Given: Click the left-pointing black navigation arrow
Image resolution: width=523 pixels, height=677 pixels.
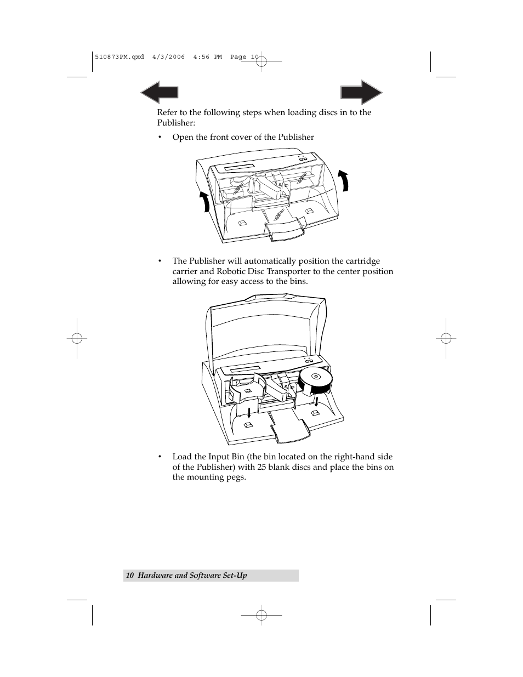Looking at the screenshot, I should tap(159, 93).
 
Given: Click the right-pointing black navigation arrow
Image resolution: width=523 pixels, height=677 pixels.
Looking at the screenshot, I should tap(361, 93).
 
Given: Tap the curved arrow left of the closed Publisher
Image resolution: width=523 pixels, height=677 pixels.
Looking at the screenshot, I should tap(204, 202).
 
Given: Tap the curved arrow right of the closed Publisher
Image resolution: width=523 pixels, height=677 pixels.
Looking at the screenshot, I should tap(344, 180).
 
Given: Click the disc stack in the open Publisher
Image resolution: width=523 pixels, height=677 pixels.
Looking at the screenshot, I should tap(315, 382).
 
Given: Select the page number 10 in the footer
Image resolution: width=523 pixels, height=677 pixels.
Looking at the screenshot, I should tap(130, 575).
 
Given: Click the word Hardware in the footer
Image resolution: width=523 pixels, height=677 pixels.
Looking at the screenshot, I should tap(155, 575).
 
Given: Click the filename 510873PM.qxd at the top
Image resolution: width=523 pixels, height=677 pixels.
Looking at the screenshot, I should tap(119, 56).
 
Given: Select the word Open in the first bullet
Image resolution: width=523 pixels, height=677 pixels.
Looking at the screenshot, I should tap(183, 137).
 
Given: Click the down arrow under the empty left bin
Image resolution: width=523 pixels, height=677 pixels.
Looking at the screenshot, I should tap(248, 412).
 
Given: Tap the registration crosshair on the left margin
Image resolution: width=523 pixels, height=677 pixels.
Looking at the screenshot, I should tap(77, 338).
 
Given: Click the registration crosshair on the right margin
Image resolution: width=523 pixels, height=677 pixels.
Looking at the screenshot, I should tap(447, 338).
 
